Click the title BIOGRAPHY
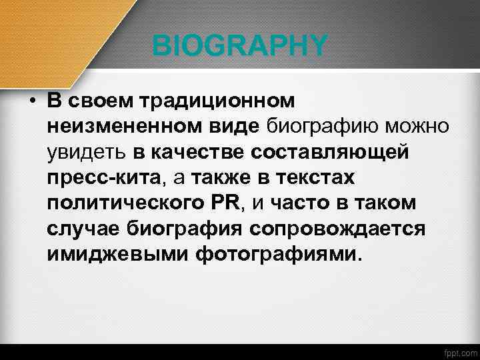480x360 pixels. pos(240,46)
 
